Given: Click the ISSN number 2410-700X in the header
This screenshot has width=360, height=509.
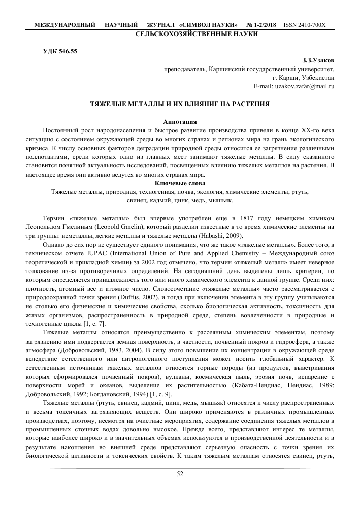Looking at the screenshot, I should pos(305,24).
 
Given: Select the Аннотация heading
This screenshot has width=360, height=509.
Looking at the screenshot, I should pos(180,121).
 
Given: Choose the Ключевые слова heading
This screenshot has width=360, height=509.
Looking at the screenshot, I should pos(180,183).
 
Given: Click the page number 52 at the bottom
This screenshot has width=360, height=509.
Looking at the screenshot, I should pos(180,474).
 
